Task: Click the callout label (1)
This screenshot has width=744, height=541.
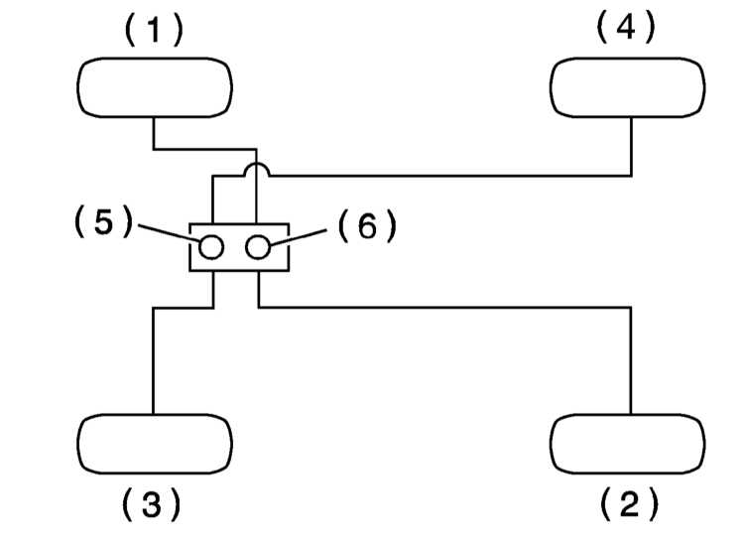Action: pyautogui.click(x=154, y=30)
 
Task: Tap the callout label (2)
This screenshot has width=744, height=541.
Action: pyautogui.click(x=629, y=503)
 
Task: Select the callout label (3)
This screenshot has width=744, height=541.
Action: pyautogui.click(x=152, y=503)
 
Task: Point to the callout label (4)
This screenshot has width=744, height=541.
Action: pyautogui.click(x=626, y=27)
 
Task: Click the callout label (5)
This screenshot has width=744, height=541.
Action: pyautogui.click(x=104, y=221)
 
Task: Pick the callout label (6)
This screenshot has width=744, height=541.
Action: pyautogui.click(x=367, y=226)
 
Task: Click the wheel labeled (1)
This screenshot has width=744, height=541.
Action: pyautogui.click(x=155, y=88)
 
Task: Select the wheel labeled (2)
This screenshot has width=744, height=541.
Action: pyautogui.click(x=628, y=444)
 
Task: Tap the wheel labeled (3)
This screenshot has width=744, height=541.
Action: pyautogui.click(x=155, y=444)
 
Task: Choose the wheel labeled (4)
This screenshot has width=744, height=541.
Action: pyautogui.click(x=628, y=88)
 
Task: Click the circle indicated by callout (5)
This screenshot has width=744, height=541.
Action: pyautogui.click(x=211, y=247)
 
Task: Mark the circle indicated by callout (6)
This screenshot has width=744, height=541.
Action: pyautogui.click(x=258, y=247)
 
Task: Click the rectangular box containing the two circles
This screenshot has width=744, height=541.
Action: pyautogui.click(x=239, y=223)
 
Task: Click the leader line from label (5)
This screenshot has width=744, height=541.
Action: pyautogui.click(x=169, y=232)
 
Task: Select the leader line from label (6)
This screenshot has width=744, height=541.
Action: pyautogui.click(x=298, y=237)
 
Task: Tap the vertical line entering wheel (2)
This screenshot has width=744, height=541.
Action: pyautogui.click(x=631, y=361)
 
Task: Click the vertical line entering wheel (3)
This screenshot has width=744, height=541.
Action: pyautogui.click(x=153, y=361)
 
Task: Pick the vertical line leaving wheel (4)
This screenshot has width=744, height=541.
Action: pyautogui.click(x=632, y=146)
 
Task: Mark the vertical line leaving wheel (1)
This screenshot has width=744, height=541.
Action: pyautogui.click(x=154, y=133)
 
